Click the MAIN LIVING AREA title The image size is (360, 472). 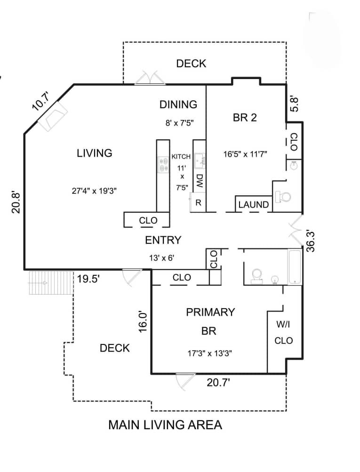(165, 425)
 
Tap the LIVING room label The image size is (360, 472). (95, 153)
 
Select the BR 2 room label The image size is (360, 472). (245, 118)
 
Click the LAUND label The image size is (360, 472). (253, 205)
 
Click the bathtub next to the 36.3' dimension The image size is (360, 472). (295, 267)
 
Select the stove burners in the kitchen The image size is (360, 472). (164, 164)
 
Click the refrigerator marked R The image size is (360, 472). (198, 203)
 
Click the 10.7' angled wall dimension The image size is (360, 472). (41, 102)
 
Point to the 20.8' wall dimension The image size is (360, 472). (16, 202)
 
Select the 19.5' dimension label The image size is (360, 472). (88, 279)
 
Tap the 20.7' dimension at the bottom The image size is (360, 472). (218, 383)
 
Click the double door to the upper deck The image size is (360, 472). (150, 79)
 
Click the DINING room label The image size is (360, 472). (178, 104)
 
